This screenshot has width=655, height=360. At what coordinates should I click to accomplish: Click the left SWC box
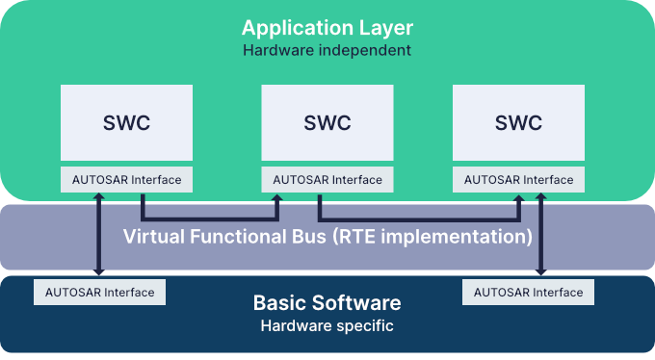pos(126,122)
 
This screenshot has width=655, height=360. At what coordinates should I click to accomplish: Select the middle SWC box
pos(327,122)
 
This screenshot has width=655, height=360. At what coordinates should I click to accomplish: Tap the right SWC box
pos(518,122)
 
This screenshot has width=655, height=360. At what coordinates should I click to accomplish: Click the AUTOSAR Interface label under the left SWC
pos(126,180)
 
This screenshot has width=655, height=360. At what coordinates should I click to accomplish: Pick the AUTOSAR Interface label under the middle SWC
pos(327,180)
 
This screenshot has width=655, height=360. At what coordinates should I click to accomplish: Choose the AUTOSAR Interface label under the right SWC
pos(518,180)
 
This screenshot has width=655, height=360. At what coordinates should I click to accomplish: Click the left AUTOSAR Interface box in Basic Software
pos(99,293)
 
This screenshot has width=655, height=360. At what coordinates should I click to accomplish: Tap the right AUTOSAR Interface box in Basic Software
pos(528,293)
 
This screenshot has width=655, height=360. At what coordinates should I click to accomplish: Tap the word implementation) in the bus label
pos(469,235)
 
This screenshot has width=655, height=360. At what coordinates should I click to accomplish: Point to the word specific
pos(364,325)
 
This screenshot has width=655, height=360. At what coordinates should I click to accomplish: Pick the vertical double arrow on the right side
pos(541,236)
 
